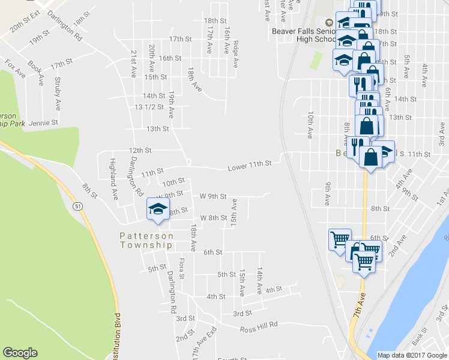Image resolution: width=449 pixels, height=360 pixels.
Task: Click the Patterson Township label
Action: tap(146, 241)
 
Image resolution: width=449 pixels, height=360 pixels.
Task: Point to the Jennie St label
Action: tap(46, 122)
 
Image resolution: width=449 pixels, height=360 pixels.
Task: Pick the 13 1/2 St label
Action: tap(150, 107)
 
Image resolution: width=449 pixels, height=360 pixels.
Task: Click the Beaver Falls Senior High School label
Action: tap(304, 35)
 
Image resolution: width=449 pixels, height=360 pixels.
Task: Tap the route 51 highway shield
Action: tap(78, 206)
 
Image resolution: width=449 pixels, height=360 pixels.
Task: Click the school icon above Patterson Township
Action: tap(158, 209)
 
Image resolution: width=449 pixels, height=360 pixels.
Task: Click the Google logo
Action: tap(20, 353)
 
